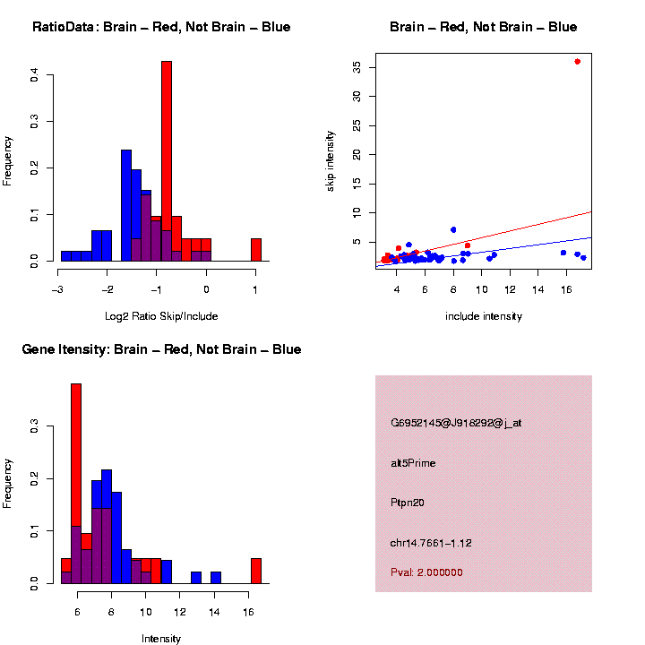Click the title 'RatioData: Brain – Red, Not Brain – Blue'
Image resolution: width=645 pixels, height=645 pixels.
click(161, 27)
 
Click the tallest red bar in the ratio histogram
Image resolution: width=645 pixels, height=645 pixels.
click(167, 161)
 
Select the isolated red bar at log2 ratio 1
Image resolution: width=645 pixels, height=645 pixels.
click(256, 250)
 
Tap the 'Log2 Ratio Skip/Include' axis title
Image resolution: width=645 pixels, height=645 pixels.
click(161, 315)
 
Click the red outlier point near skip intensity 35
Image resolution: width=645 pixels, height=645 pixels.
click(577, 62)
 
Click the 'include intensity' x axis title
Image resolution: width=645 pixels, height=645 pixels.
click(484, 315)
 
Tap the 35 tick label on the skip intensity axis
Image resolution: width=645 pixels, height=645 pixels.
click(357, 67)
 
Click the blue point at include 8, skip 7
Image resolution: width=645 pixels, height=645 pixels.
click(453, 230)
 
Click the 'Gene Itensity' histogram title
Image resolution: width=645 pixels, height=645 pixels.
click(161, 349)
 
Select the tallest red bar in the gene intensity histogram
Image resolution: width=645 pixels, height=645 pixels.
click(76, 484)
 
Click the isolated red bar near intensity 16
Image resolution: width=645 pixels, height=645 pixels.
click(256, 571)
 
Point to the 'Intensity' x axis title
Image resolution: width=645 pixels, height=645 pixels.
click(161, 638)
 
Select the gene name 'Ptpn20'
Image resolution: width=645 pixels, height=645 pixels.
click(408, 503)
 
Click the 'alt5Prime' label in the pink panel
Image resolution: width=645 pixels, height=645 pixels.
click(413, 463)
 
